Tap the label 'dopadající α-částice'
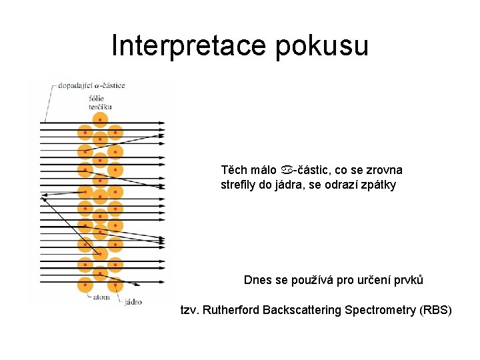click(x=91, y=85)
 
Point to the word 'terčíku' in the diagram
click(x=99, y=106)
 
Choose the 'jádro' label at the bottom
click(x=133, y=302)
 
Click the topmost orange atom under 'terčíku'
click(x=100, y=119)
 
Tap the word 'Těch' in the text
click(x=233, y=170)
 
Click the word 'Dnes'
click(x=257, y=280)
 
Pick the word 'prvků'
click(x=408, y=280)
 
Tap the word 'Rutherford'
click(x=231, y=310)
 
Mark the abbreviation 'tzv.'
click(x=190, y=310)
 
